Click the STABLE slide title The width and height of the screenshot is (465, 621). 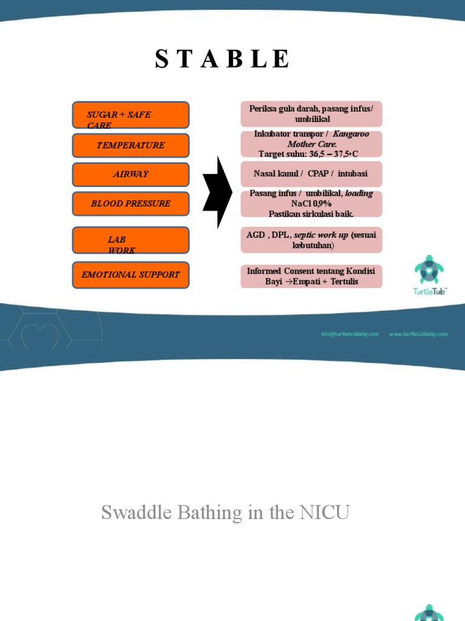(222, 59)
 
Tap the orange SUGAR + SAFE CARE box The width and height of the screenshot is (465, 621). (130, 115)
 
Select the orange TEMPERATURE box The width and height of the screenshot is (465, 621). (130, 146)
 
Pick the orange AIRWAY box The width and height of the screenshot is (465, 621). (130, 175)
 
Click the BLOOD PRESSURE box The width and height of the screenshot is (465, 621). (130, 204)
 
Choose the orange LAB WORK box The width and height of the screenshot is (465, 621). (130, 240)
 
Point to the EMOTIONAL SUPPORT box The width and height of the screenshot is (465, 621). (130, 275)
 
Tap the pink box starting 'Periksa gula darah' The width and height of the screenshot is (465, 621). (311, 114)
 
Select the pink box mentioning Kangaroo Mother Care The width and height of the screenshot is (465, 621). (311, 144)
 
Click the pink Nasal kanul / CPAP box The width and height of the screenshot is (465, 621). (311, 174)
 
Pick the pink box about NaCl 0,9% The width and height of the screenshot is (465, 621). (311, 204)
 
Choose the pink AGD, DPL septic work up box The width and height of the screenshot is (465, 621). (311, 240)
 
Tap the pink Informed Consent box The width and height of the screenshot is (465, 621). (311, 276)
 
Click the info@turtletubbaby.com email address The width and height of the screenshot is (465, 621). (350, 334)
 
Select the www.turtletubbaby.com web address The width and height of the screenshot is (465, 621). (418, 334)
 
